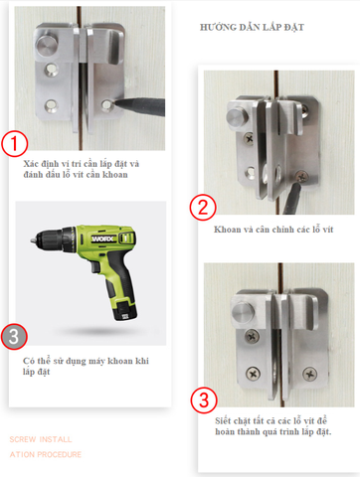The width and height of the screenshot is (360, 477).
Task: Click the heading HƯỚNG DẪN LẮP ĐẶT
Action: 252,27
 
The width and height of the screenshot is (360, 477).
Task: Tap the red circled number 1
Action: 14,143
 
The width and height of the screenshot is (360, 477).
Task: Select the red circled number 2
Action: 203,208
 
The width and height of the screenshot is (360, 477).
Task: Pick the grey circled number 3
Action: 14,337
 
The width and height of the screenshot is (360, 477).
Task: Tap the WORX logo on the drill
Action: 103,238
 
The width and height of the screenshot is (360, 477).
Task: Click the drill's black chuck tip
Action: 33,240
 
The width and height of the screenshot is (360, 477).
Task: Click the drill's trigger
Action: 94,267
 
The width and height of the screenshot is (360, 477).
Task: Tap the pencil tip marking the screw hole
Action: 115,103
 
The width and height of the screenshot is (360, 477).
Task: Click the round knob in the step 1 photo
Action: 47,46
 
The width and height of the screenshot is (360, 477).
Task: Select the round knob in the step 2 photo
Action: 237,116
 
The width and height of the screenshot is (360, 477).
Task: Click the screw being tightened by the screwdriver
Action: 301,177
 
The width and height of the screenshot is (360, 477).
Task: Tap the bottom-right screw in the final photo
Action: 309,374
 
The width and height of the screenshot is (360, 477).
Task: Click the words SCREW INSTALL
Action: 41,439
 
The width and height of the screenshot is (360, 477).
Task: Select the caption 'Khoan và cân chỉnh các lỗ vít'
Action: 273,230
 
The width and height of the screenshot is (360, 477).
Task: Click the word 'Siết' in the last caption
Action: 223,421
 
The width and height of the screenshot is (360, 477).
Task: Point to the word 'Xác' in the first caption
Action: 32,164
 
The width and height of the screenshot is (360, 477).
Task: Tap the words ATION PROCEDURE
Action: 46,454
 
